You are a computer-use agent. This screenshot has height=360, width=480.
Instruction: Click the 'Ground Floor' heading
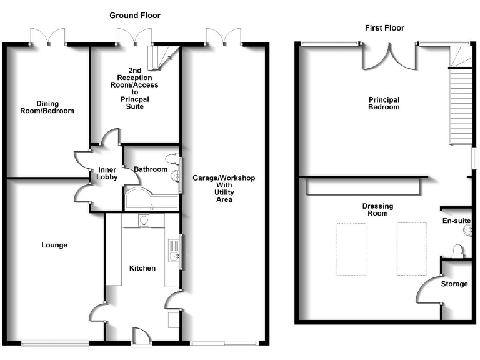[135, 15]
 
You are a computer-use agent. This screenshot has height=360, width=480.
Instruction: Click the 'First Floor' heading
[385, 27]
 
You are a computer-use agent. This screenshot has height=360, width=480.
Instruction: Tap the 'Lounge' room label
[54, 245]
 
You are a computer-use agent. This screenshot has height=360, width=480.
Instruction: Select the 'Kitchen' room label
[142, 268]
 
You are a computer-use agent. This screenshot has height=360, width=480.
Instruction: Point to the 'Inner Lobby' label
[107, 173]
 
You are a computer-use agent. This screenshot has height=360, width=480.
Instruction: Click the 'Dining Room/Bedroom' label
[46, 107]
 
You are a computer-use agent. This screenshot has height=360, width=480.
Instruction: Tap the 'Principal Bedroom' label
[384, 103]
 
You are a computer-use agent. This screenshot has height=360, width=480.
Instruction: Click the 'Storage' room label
[454, 284]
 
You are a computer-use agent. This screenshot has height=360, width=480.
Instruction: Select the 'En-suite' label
[456, 221]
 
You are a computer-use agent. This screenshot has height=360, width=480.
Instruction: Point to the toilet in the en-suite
[457, 251]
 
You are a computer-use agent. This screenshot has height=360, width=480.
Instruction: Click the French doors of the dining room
[49, 37]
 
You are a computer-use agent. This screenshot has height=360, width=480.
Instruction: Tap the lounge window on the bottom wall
[55, 342]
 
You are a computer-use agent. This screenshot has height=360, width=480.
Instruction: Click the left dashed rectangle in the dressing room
[351, 248]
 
